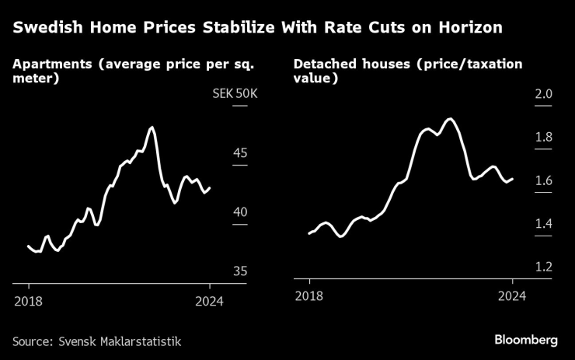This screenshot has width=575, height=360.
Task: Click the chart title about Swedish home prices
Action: pyautogui.click(x=257, y=28)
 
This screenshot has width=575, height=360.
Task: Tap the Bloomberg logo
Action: pyautogui.click(x=526, y=340)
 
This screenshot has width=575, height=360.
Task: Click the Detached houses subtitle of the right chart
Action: pyautogui.click(x=408, y=71)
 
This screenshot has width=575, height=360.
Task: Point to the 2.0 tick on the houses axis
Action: pyautogui.click(x=542, y=94)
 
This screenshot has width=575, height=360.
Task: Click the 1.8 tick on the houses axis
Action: pyautogui.click(x=542, y=138)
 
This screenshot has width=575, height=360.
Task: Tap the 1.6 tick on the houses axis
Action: pyautogui.click(x=542, y=181)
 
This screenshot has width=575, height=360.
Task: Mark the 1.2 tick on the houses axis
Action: pyautogui.click(x=542, y=267)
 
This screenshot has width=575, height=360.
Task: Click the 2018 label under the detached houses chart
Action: pyautogui.click(x=309, y=295)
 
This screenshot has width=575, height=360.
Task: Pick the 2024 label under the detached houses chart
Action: pyautogui.click(x=512, y=295)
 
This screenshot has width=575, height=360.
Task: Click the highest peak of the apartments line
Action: pyautogui.click(x=152, y=127)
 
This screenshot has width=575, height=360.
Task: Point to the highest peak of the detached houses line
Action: pyautogui.click(x=449, y=119)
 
